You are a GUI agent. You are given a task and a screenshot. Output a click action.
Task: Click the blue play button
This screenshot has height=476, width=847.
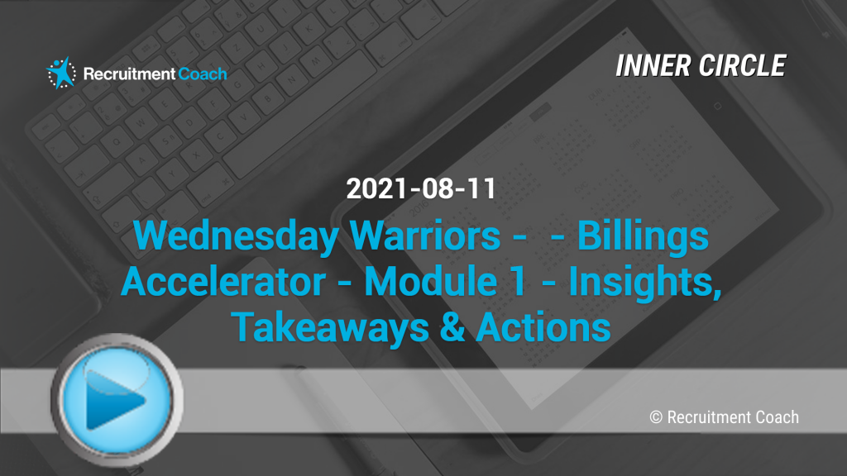pyautogui.click(x=117, y=399)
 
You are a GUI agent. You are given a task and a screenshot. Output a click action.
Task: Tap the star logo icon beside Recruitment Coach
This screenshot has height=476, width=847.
pyautogui.click(x=61, y=73)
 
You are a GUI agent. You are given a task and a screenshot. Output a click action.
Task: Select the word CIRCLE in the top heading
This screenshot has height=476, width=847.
pyautogui.click(x=742, y=66)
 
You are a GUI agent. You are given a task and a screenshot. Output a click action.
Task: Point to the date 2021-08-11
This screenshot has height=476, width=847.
pyautogui.click(x=421, y=189)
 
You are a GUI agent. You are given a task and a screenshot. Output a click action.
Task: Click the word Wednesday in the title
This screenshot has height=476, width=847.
pyautogui.click(x=236, y=236)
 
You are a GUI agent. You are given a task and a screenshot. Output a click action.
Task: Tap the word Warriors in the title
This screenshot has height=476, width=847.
pyautogui.click(x=425, y=236)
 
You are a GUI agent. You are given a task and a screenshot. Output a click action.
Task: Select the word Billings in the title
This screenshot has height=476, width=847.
pyautogui.click(x=643, y=236)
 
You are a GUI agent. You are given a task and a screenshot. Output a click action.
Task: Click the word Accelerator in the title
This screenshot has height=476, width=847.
pyautogui.click(x=223, y=281)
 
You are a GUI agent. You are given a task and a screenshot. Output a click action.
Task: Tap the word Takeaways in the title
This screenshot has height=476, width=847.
pyautogui.click(x=322, y=327)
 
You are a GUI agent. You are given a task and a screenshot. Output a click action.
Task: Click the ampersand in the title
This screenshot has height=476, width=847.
pyautogui.click(x=452, y=327)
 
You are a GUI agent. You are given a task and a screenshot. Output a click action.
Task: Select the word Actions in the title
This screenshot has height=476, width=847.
pyautogui.click(x=543, y=327)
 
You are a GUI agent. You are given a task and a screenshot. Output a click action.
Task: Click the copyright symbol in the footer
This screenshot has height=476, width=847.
pyautogui.click(x=656, y=417)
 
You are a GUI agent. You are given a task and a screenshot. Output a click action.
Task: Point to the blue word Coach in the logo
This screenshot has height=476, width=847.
pyautogui.click(x=203, y=74)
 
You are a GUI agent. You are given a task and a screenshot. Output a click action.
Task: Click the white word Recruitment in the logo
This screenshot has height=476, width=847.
pyautogui.click(x=130, y=74)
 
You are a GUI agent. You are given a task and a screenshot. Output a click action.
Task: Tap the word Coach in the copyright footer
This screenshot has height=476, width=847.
pyautogui.click(x=777, y=417)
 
